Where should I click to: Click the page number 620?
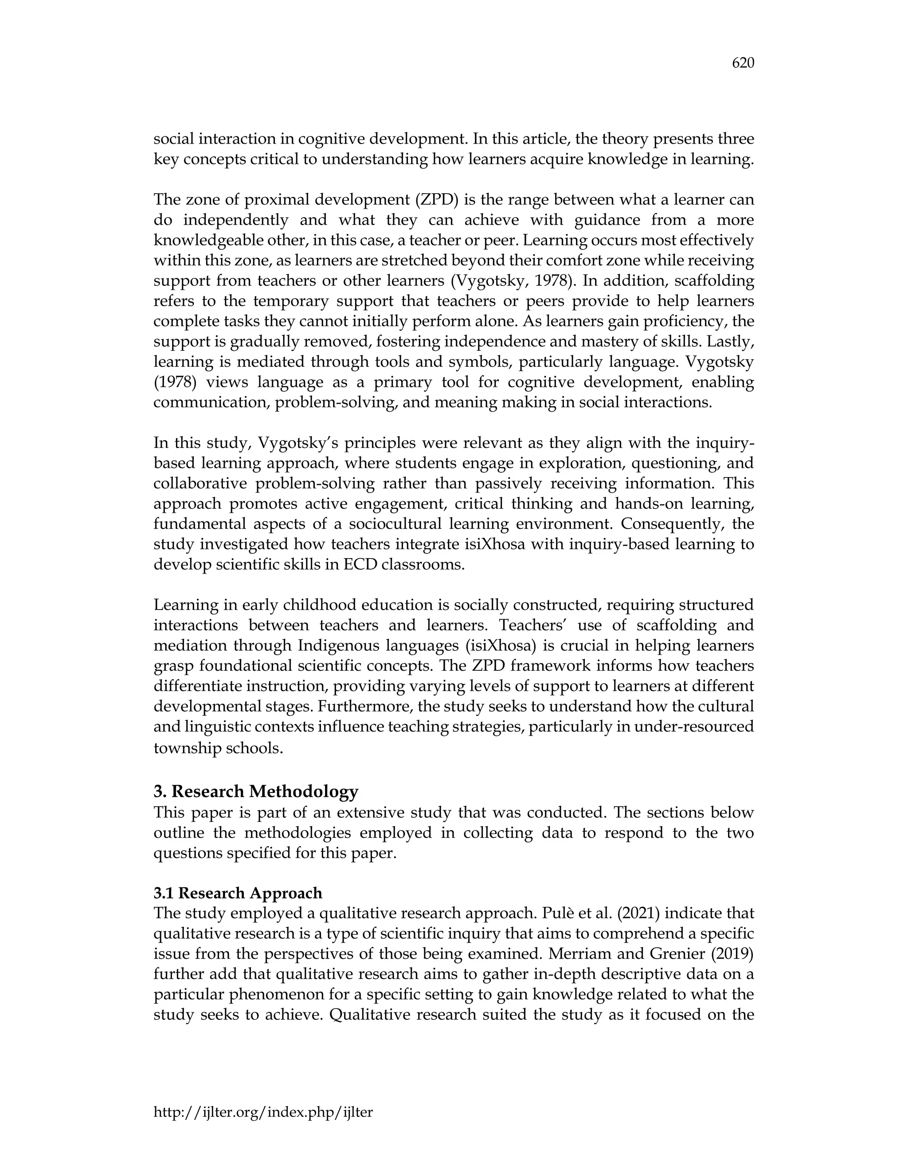pyautogui.click(x=743, y=63)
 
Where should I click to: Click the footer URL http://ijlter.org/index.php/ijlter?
pyautogui.click(x=263, y=1112)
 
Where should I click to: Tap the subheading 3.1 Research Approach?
pyautogui.click(x=238, y=893)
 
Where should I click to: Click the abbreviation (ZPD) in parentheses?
pyautogui.click(x=436, y=199)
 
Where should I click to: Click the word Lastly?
pyautogui.click(x=733, y=341)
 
